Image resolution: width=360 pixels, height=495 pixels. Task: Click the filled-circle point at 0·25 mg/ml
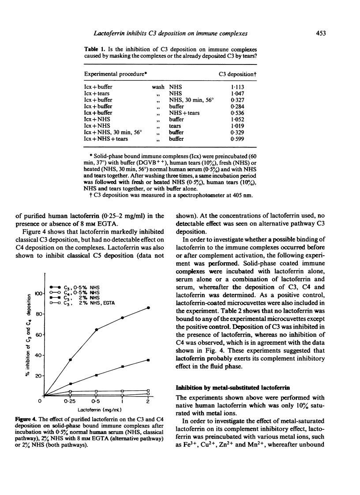tap(70, 360)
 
